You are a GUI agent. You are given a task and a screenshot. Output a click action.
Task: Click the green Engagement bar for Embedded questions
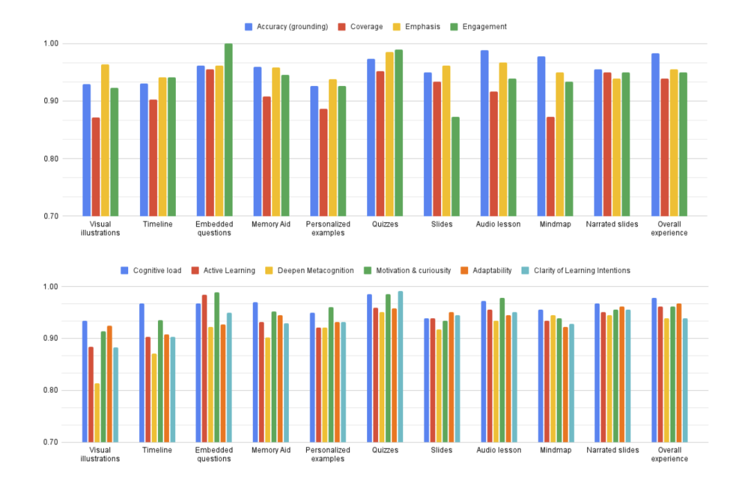point(229,130)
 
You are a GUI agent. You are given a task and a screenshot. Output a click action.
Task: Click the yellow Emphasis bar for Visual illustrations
point(105,140)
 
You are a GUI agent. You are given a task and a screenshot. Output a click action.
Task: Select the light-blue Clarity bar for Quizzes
point(400,367)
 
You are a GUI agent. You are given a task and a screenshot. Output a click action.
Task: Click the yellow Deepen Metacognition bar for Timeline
point(154,398)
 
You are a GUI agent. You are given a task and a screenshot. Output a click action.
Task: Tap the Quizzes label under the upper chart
point(385,224)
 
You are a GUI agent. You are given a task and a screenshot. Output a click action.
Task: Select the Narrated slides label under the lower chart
point(612,450)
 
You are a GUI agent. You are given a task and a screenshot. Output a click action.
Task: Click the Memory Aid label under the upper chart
point(271,224)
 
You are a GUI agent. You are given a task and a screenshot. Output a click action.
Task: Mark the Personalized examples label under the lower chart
point(328,455)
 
